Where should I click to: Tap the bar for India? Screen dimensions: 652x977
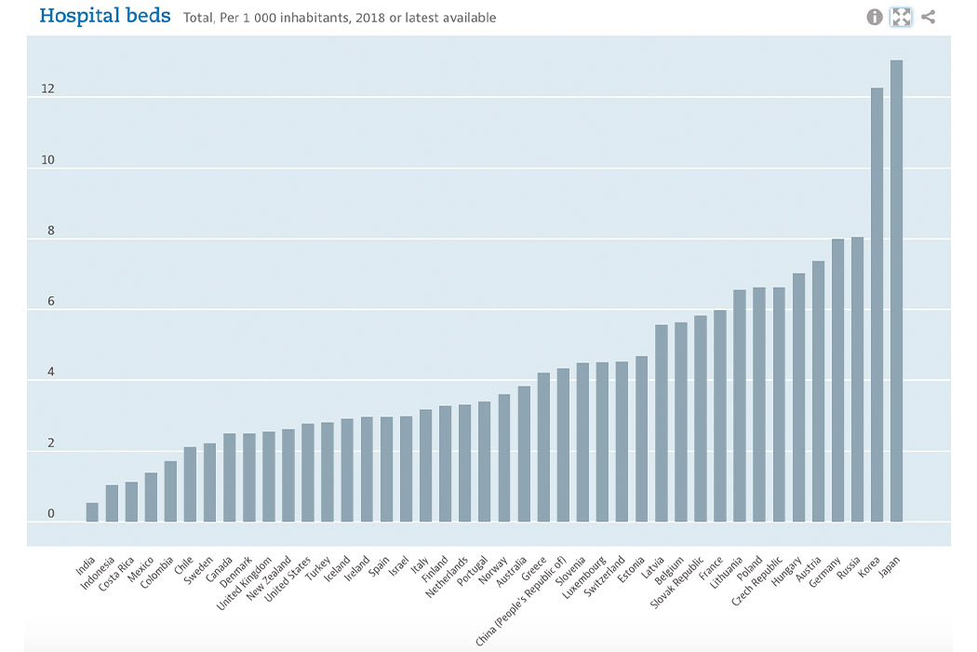92,512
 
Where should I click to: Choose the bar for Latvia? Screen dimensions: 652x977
661,423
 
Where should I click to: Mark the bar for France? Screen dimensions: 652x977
719,415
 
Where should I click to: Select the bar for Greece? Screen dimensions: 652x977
543,447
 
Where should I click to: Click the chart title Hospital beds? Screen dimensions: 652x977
105,16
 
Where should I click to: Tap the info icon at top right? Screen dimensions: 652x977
875,17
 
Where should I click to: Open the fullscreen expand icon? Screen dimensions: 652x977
901,17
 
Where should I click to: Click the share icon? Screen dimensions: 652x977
928,17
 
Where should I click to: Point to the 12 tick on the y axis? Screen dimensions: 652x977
47,89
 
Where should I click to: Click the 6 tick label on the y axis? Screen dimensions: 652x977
51,302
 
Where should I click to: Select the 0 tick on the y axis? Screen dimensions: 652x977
51,514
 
